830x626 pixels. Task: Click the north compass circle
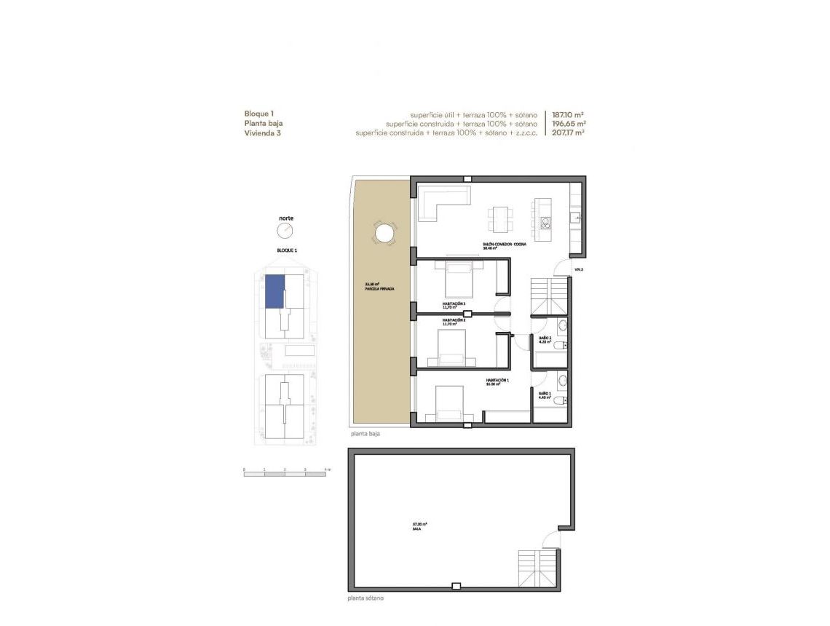pyautogui.click(x=285, y=230)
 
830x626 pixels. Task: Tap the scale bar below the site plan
pyautogui.click(x=285, y=475)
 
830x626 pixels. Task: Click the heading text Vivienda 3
pyautogui.click(x=263, y=133)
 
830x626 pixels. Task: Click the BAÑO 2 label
pyautogui.click(x=545, y=338)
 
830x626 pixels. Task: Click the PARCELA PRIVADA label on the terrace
pyautogui.click(x=379, y=289)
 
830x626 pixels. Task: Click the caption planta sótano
pyautogui.click(x=366, y=598)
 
